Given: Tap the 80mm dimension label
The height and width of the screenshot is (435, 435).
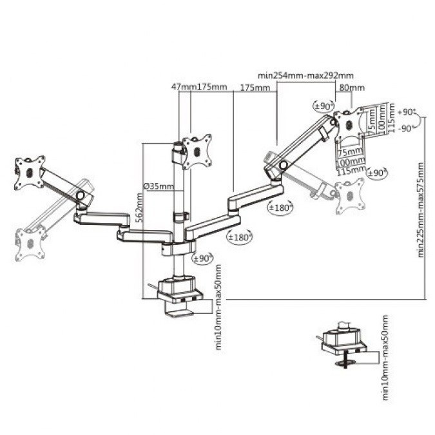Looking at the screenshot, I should point(351,87).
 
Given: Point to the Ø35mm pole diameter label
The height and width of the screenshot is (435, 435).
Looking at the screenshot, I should point(158,187).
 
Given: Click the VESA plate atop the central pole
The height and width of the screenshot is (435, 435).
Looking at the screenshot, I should point(197,150).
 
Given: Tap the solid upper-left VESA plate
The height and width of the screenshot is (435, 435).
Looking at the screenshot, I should point(30,172).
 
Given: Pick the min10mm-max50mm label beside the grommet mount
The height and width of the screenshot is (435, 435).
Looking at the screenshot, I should point(385,358).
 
